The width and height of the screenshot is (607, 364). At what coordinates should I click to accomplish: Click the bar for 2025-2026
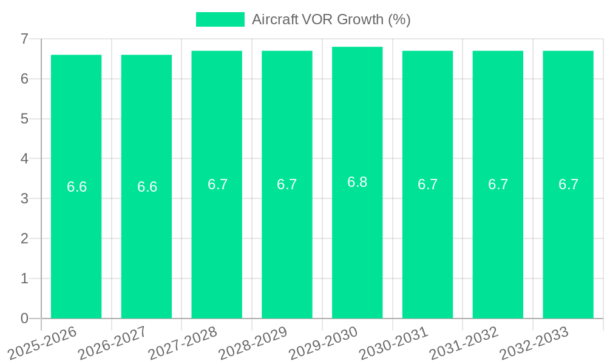(76, 243)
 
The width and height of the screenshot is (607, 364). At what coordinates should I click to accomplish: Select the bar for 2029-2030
(357, 243)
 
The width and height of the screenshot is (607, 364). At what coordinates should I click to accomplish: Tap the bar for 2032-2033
(568, 243)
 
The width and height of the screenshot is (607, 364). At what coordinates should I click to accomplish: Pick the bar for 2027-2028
(217, 243)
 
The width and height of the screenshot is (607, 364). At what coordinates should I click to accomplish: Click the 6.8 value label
(357, 182)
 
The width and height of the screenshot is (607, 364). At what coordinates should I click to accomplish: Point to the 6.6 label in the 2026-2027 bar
(147, 187)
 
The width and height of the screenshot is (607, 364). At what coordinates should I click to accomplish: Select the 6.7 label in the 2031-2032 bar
(498, 184)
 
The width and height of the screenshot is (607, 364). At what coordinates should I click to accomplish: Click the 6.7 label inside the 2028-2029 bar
(287, 184)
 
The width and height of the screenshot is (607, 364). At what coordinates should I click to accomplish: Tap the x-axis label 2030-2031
(394, 343)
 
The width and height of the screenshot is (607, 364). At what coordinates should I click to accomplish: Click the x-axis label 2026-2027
(113, 343)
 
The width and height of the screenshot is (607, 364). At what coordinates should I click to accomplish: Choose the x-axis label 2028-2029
(253, 343)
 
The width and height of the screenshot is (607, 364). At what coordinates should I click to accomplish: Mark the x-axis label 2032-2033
(534, 343)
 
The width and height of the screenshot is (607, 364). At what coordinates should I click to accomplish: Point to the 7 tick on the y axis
(24, 39)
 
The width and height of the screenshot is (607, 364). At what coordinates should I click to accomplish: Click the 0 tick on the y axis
(24, 318)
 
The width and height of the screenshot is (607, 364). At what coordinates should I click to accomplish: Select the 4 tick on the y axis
(24, 159)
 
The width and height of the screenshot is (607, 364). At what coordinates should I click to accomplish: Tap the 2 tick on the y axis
(24, 238)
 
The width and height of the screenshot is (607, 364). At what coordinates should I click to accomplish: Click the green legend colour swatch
(220, 19)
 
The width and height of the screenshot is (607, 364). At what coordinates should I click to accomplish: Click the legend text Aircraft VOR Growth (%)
(331, 19)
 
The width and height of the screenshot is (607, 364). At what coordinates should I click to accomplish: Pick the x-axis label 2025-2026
(42, 343)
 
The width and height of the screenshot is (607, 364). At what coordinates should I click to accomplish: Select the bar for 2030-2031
(427, 243)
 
